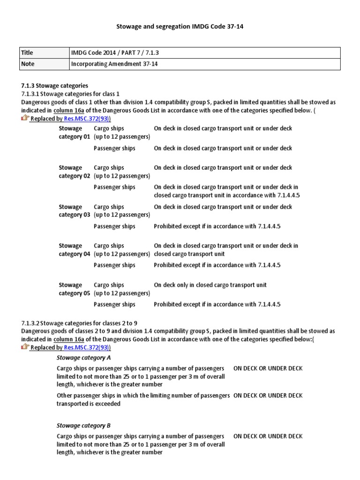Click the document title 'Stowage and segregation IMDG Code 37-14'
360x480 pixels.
coord(180,27)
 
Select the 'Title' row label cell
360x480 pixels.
coord(44,53)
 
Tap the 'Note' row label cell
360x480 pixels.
coord(44,64)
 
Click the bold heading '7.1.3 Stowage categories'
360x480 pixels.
coord(54,86)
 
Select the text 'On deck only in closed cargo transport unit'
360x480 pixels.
coord(210,285)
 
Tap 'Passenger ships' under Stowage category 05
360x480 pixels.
coord(114,304)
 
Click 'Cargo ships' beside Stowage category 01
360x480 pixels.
coord(109,128)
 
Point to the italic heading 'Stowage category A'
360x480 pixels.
coord(83,358)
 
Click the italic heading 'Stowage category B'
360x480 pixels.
coord(83,426)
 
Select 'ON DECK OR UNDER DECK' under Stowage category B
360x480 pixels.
coord(268,436)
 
